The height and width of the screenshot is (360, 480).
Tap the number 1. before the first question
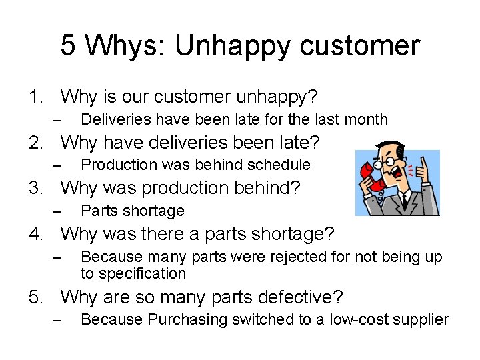point(37,97)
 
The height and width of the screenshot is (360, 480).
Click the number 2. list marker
point(37,142)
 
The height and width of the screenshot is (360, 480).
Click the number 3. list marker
point(37,187)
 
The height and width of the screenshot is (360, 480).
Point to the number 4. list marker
point(37,234)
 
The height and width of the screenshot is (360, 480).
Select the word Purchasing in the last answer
point(187,320)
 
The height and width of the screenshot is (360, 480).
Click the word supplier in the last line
point(421,320)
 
